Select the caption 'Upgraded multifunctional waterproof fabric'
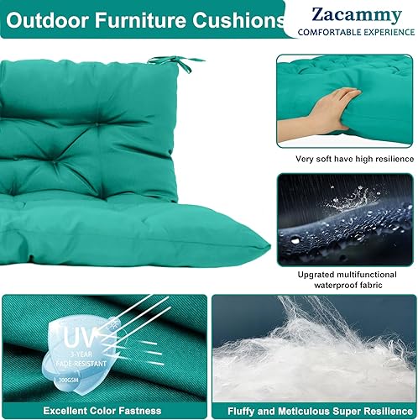[345, 280]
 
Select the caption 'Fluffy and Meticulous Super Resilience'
[316, 411]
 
